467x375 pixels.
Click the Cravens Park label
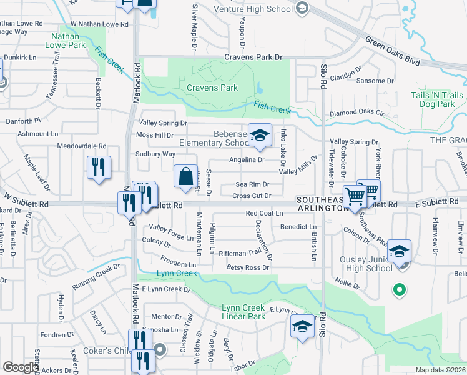pos(212,88)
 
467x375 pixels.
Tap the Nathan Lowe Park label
pos(67,41)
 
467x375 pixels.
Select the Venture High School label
pos(253,9)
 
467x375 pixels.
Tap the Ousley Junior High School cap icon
pos(399,252)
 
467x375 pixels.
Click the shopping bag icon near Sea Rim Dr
pos(186,177)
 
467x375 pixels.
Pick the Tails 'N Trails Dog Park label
pos(437,99)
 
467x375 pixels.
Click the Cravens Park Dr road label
pos(253,57)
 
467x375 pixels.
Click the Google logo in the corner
pos(21,367)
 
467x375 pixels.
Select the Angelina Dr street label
pos(247,159)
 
